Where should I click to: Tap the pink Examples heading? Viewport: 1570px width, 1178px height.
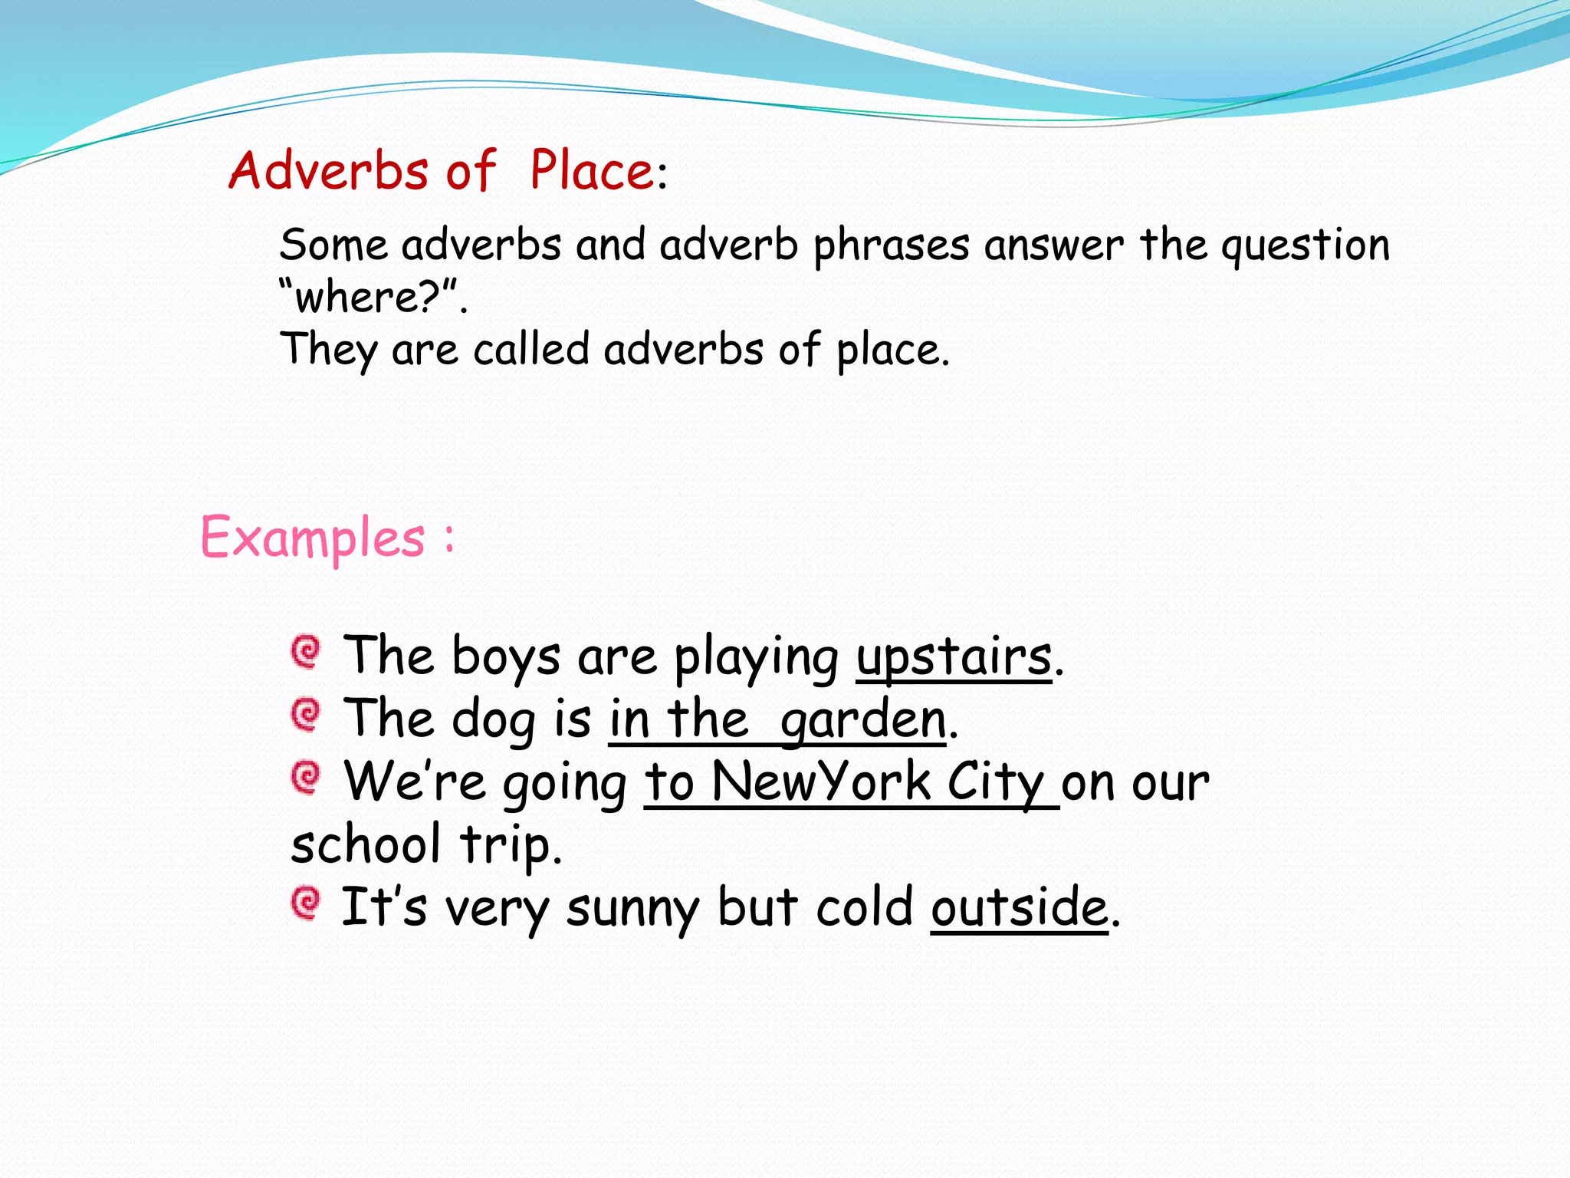pyautogui.click(x=313, y=537)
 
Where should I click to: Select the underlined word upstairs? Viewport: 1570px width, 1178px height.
pyautogui.click(x=954, y=658)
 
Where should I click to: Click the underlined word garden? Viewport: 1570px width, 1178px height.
pyautogui.click(x=863, y=721)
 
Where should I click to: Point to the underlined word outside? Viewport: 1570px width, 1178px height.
pyautogui.click(x=1020, y=908)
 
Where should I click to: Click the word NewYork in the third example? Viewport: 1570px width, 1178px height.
pyautogui.click(x=821, y=782)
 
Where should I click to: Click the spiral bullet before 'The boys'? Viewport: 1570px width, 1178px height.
pyautogui.click(x=306, y=652)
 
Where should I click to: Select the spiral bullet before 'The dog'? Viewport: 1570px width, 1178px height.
pyautogui.click(x=306, y=715)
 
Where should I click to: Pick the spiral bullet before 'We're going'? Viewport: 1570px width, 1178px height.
pyautogui.click(x=306, y=778)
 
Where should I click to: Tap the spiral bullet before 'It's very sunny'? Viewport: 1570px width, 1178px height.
pyautogui.click(x=306, y=903)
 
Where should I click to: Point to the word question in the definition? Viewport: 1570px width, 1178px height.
pyautogui.click(x=1305, y=247)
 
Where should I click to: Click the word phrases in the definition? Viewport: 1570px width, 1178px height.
pyautogui.click(x=891, y=247)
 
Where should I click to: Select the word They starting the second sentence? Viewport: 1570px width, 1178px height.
pyautogui.click(x=329, y=350)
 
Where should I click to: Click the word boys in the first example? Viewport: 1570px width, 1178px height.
pyautogui.click(x=506, y=658)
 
